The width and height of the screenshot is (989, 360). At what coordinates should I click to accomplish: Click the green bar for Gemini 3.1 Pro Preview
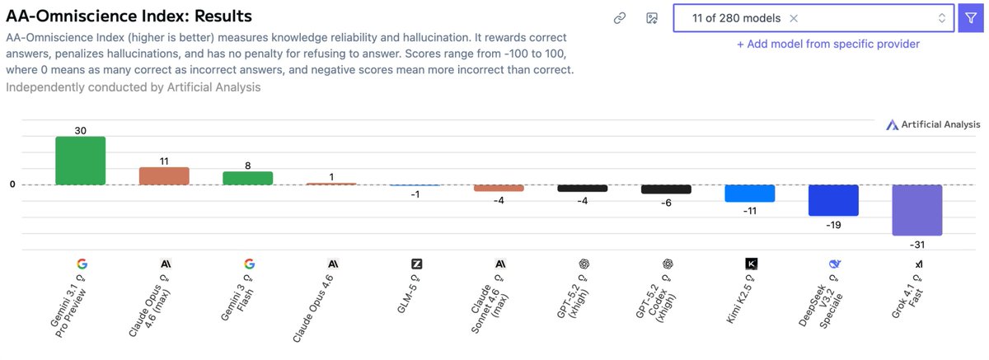pos(80,161)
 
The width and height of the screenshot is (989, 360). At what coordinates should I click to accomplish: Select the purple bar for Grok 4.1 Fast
pos(917,210)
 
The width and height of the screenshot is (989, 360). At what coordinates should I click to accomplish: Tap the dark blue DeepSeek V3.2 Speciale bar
pos(833,200)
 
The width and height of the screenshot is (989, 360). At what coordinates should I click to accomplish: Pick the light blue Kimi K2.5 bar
pos(749,194)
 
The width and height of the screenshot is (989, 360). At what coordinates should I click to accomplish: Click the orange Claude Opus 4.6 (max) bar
pos(164,175)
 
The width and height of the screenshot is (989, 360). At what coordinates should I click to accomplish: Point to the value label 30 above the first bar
pos(80,130)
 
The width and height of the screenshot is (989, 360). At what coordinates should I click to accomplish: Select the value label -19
pos(833,224)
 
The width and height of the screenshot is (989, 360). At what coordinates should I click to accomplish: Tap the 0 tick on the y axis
pos(12,185)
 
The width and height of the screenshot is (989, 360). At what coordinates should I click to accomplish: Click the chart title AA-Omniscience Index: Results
pos(129,16)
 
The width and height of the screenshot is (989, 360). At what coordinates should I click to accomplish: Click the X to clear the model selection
pos(794,18)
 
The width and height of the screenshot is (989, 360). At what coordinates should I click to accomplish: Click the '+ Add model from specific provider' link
pos(827,44)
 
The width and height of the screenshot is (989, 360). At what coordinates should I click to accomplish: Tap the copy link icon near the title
pos(620,18)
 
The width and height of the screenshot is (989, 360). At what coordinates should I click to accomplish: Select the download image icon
pos(651,18)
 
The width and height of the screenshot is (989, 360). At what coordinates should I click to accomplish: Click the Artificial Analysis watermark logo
pos(933,124)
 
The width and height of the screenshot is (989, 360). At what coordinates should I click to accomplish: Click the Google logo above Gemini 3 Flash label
pos(249,264)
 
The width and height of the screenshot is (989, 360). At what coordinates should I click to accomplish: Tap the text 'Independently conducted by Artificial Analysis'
pos(134,86)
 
